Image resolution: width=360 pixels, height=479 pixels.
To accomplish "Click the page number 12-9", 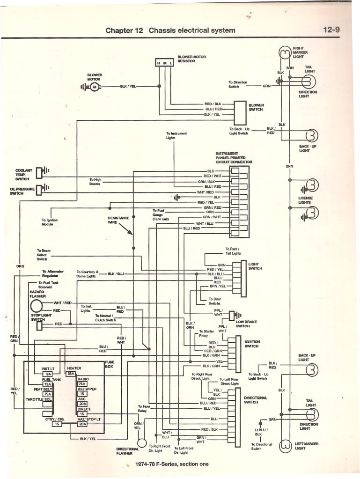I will pos(331,30).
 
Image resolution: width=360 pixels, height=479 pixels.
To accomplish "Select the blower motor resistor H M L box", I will pos(164,62).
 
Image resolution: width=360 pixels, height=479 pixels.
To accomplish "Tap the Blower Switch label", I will pos(256,107).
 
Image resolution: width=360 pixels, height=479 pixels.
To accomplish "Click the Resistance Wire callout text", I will pos(118,220).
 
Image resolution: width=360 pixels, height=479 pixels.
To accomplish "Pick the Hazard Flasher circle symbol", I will pos(37,306).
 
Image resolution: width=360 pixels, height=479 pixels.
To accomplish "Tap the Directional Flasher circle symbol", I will pos(142,442).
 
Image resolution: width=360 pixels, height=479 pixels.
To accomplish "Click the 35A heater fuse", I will pos(71,374).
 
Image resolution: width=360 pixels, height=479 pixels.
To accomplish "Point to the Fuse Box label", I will pos(110,364).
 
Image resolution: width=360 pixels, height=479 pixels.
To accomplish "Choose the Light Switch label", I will pos(255,266).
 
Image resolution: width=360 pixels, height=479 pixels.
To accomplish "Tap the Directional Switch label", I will pos(256,400).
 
